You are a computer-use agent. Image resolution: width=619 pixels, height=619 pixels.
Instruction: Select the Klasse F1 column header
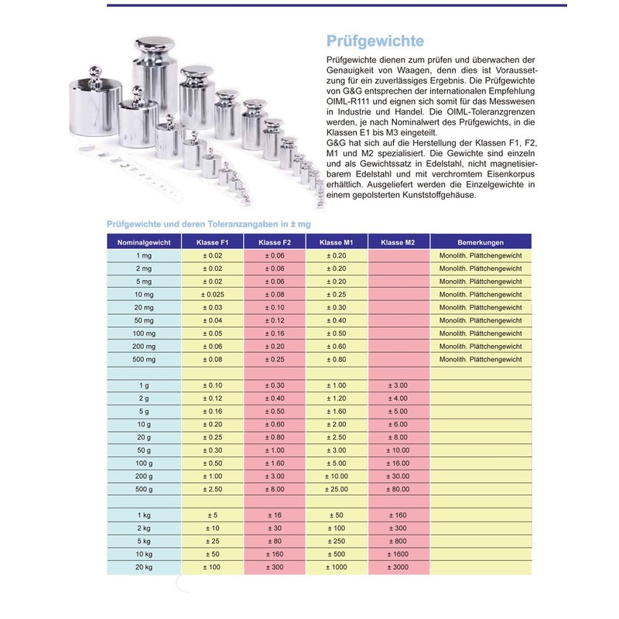coord(212,242)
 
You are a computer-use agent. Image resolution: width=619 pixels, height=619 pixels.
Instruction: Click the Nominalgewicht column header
coord(143,242)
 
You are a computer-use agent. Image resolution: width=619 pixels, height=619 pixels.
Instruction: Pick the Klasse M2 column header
coord(398,242)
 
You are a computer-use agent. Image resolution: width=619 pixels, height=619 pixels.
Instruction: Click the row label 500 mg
coord(143,360)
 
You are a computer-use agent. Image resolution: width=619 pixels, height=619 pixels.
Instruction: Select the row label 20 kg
coord(143,569)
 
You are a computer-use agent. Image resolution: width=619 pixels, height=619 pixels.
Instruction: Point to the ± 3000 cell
coord(398,569)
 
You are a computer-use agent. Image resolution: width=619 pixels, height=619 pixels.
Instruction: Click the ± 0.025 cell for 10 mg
coord(212,295)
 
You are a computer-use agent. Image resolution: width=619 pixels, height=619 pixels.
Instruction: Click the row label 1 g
coord(143,385)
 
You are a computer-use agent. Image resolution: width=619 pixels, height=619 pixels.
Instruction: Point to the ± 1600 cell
coord(398,556)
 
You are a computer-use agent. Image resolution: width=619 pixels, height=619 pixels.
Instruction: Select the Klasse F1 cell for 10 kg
coord(212,556)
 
